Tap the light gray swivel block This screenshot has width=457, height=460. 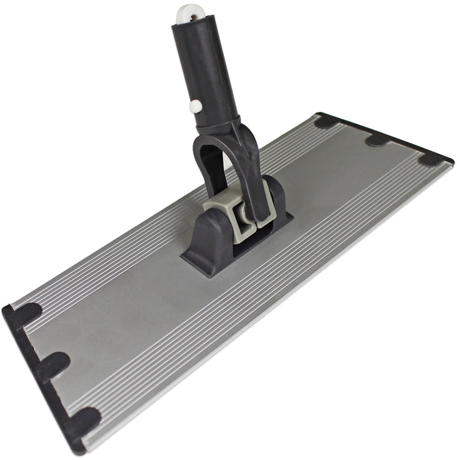coord(234,211)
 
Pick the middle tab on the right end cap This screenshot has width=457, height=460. coord(377,140)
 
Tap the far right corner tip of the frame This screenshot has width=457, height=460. coord(450,161)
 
